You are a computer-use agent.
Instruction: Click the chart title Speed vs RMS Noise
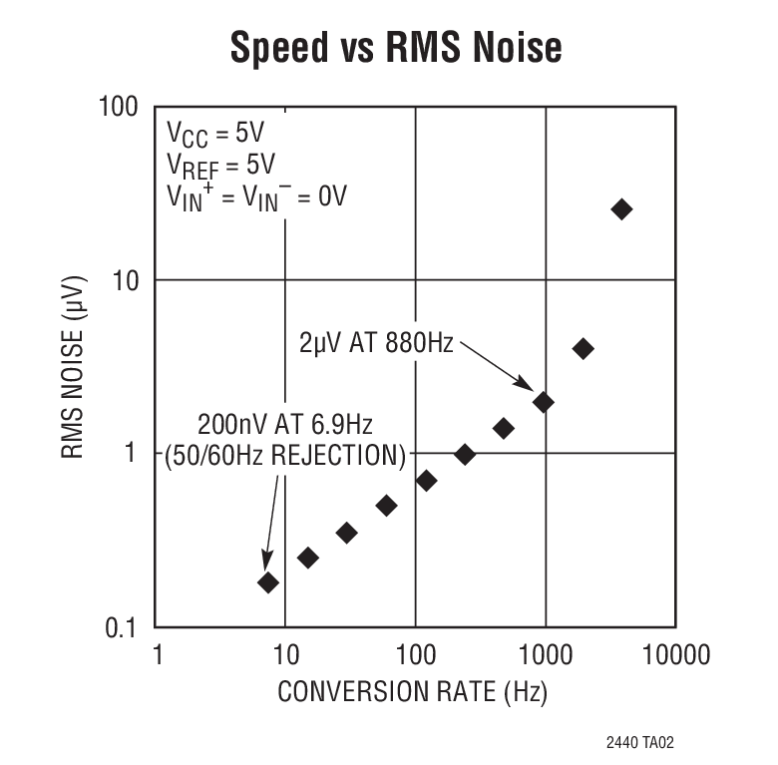click(x=396, y=47)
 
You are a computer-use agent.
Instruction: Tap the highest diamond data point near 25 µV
click(x=621, y=208)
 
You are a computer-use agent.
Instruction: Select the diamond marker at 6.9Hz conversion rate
click(x=267, y=582)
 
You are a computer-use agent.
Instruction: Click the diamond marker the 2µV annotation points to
click(x=544, y=402)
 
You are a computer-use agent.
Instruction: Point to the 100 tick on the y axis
click(x=119, y=106)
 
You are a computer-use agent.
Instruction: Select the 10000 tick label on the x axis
click(x=674, y=654)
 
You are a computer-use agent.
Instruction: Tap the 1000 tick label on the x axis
click(x=545, y=654)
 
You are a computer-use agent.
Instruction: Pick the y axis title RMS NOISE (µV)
click(x=75, y=365)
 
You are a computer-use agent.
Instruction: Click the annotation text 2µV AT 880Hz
click(x=376, y=343)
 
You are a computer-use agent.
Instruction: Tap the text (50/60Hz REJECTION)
click(x=285, y=458)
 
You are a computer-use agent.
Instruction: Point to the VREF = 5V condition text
click(x=220, y=165)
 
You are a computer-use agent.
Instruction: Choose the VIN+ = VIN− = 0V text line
click(x=256, y=196)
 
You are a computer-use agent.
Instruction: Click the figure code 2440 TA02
click(x=645, y=744)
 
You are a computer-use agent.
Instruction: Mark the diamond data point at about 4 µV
click(x=583, y=349)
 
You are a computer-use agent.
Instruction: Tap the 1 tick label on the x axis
click(x=156, y=654)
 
